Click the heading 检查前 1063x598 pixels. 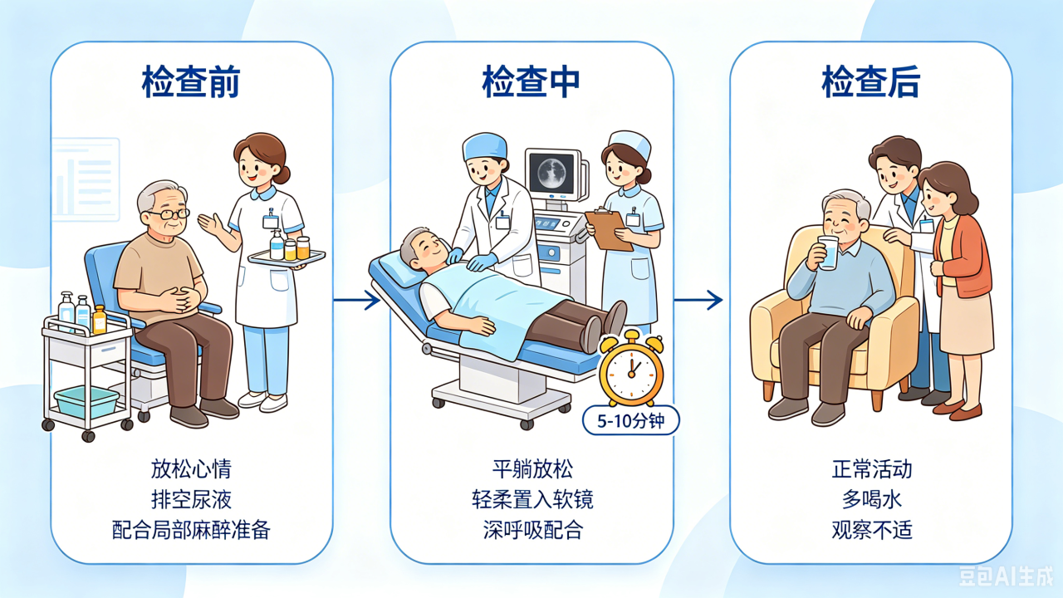click(x=191, y=81)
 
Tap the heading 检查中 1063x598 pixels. click(x=531, y=81)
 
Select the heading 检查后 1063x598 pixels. click(x=871, y=81)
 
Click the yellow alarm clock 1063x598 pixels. click(x=632, y=368)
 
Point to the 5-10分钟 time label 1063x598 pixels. click(x=630, y=420)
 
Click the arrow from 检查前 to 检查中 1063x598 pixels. click(x=357, y=300)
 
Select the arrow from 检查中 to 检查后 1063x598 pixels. click(x=698, y=300)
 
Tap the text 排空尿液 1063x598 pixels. click(x=191, y=499)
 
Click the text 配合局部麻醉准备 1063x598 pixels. click(x=191, y=530)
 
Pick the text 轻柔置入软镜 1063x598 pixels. click(x=532, y=499)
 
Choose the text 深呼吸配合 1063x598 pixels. click(x=532, y=530)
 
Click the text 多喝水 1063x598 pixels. click(x=872, y=499)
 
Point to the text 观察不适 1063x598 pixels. click(x=872, y=530)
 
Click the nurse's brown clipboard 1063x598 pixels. click(x=609, y=230)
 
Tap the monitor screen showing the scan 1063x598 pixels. click(x=551, y=174)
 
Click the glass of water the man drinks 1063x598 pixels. click(x=829, y=252)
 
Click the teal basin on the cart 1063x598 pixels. click(x=87, y=402)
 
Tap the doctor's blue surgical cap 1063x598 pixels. click(x=484, y=146)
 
